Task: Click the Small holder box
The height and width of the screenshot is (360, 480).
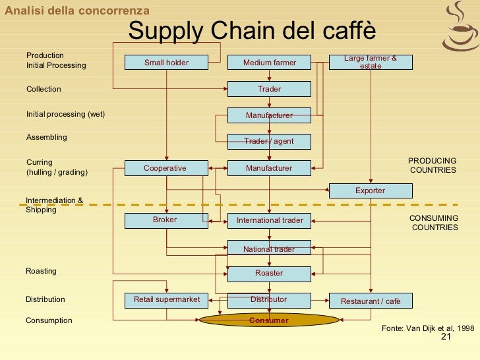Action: click(x=166, y=63)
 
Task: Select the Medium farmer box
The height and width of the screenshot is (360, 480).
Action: click(x=269, y=63)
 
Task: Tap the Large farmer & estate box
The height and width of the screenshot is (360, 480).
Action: click(x=371, y=62)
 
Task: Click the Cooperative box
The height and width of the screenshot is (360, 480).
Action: click(x=166, y=168)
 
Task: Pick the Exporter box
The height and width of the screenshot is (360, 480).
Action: click(x=371, y=191)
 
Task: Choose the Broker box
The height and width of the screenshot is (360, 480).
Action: click(x=166, y=220)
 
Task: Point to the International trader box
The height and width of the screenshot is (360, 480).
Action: click(x=269, y=220)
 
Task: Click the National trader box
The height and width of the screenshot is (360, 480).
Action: click(x=269, y=249)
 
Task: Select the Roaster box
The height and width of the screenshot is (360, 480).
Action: click(x=269, y=273)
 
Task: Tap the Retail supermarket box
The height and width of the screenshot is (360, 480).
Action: click(x=166, y=300)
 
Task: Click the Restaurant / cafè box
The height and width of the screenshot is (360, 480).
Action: click(x=371, y=301)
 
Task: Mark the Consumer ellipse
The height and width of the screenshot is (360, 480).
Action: click(x=269, y=320)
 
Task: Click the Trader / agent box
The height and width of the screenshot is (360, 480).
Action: click(x=269, y=141)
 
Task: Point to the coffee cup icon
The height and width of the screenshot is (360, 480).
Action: click(x=460, y=26)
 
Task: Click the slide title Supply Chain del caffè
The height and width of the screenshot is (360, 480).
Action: click(x=252, y=30)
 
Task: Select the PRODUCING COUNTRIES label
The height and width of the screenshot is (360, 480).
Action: click(x=433, y=165)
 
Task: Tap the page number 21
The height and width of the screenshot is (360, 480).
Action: click(x=445, y=338)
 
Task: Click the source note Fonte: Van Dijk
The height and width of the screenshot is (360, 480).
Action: click(x=428, y=328)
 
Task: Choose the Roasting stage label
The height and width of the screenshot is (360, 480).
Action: click(x=41, y=271)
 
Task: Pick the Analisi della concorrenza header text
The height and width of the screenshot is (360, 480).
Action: click(x=77, y=11)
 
